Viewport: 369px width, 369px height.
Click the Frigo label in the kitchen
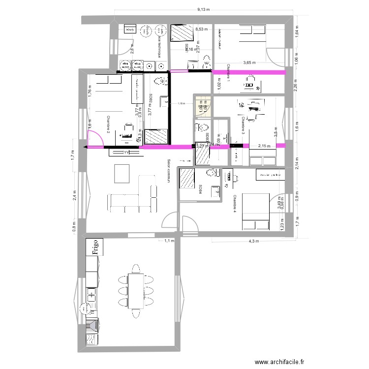(93, 247)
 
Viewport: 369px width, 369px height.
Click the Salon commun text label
(169, 171)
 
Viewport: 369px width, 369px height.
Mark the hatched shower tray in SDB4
(187, 179)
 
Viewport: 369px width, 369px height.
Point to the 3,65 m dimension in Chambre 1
(250, 63)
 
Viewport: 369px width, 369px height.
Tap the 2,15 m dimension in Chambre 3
(264, 146)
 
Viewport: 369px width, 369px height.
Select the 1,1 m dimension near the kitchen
(169, 241)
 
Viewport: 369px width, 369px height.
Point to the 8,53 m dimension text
(202, 30)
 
